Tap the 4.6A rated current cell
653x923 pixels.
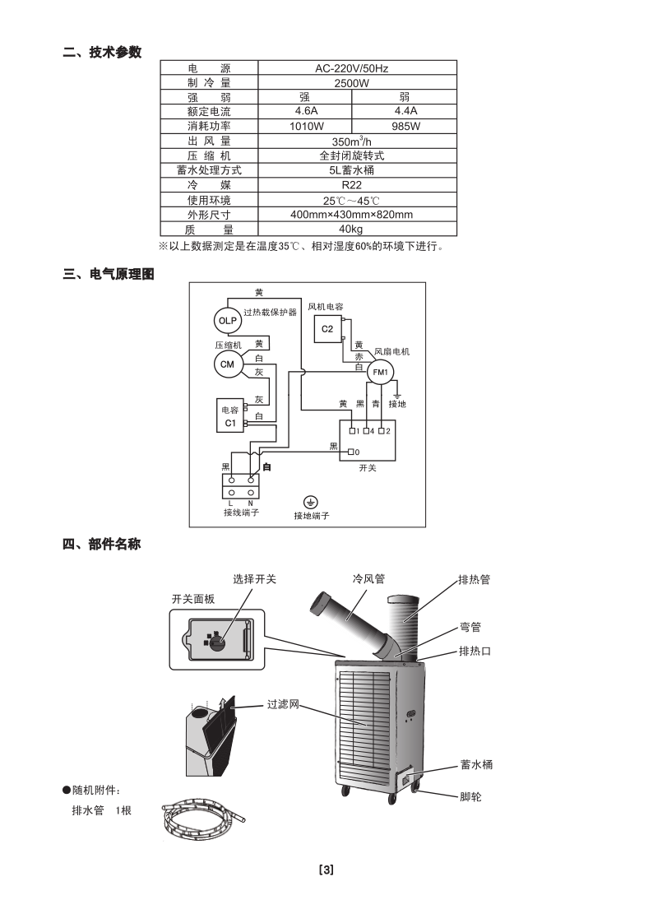tap(306, 111)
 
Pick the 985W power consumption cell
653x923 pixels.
tap(405, 126)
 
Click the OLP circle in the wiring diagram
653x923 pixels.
tap(227, 320)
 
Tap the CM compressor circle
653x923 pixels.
tap(227, 364)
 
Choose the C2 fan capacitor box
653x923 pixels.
tap(327, 329)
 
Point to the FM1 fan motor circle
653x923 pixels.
tap(380, 373)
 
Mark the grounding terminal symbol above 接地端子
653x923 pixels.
tap(311, 502)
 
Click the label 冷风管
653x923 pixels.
tap(368, 579)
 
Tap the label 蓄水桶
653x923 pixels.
tap(477, 765)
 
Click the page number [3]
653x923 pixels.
tap(326, 870)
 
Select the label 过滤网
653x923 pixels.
tap(282, 705)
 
